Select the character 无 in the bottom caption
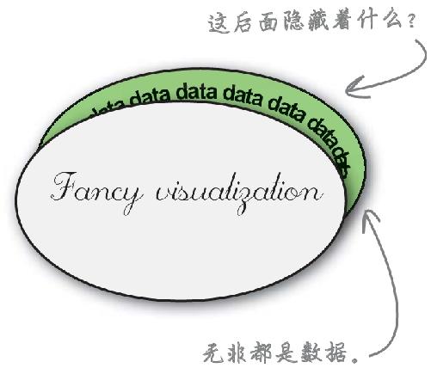click(213, 353)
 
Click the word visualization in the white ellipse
click(239, 193)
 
